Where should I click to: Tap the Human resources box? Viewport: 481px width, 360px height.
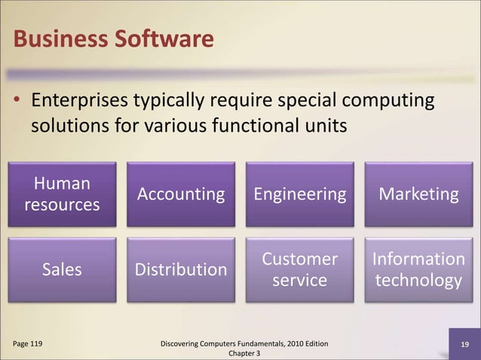tap(63, 194)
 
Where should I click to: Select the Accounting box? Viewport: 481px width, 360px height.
tap(181, 194)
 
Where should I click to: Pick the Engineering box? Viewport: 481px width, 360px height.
tap(300, 194)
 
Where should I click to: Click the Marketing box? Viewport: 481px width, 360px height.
tap(418, 194)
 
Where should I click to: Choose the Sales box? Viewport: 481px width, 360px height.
tap(63, 270)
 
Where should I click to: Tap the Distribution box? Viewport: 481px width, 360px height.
tap(181, 270)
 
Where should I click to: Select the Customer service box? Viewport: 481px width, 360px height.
tap(300, 270)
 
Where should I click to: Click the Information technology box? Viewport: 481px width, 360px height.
tap(418, 270)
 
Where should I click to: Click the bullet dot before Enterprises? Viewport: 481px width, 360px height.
tap(19, 101)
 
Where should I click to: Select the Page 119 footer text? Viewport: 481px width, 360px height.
tap(27, 344)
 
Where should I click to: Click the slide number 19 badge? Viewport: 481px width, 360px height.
tap(465, 345)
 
